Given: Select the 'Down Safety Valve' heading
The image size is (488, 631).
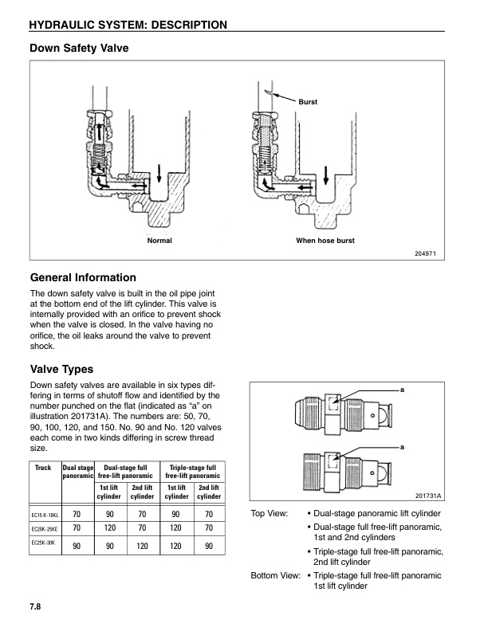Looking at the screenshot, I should (79, 49).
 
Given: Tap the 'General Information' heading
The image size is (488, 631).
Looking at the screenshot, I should (83, 278).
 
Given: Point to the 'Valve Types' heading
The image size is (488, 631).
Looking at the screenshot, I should (61, 370).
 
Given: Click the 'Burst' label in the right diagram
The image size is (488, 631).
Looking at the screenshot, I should (308, 103).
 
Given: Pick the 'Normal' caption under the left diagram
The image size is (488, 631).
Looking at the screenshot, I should (159, 241).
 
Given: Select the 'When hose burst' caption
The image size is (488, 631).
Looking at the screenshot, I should (325, 241).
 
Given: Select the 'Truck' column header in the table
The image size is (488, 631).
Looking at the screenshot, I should (43, 468).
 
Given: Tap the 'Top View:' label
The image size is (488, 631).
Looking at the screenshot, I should (270, 514).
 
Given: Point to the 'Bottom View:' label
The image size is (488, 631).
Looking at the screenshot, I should (275, 574).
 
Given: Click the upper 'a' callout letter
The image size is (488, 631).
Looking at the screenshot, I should (402, 389).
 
